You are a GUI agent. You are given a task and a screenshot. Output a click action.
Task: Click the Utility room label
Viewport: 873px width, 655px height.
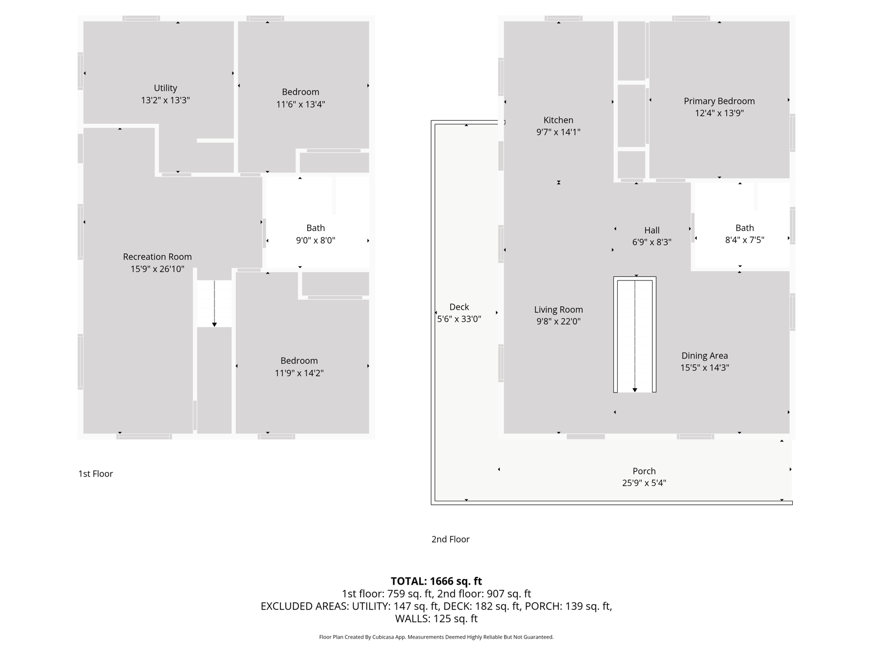click(x=165, y=88)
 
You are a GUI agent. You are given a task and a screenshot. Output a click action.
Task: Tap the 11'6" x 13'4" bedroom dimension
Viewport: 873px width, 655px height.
click(x=301, y=104)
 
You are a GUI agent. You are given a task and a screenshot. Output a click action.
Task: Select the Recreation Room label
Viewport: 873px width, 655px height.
click(x=158, y=257)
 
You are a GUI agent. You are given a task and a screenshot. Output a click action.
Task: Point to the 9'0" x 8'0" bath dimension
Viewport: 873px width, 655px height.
click(x=316, y=240)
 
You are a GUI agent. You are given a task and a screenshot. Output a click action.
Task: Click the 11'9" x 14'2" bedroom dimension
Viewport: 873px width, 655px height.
click(x=299, y=373)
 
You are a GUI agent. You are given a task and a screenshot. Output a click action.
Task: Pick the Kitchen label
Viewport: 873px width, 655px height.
click(x=558, y=120)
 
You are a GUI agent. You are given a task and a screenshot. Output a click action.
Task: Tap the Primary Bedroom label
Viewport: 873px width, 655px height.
click(x=719, y=102)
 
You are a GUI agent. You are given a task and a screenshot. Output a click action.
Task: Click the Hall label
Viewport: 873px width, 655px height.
click(x=652, y=230)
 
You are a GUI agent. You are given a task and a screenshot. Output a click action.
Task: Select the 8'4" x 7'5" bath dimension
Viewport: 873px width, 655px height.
click(x=745, y=240)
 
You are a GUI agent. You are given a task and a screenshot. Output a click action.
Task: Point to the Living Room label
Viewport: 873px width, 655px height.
click(x=558, y=310)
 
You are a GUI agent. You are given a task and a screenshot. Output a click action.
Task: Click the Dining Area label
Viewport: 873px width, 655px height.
click(x=705, y=356)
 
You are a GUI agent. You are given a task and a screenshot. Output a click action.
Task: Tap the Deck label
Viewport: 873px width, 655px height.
click(x=459, y=307)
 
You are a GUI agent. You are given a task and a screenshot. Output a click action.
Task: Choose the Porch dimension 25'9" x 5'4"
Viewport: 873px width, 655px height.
click(x=644, y=483)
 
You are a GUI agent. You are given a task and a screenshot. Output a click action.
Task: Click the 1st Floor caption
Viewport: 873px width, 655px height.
click(x=95, y=474)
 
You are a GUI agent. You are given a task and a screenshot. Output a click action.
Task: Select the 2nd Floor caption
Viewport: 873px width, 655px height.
click(x=450, y=539)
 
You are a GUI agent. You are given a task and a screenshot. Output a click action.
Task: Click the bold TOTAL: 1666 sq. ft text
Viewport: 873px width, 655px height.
click(x=436, y=581)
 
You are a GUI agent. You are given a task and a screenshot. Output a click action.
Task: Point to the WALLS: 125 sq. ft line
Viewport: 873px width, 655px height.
click(x=436, y=619)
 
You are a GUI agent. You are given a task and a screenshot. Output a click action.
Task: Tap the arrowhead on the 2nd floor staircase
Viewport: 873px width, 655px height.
click(x=635, y=390)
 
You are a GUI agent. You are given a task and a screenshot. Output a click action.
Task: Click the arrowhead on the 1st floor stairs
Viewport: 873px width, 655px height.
click(x=214, y=325)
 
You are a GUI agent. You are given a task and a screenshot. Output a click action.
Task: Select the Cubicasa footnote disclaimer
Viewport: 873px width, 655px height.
click(x=436, y=637)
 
